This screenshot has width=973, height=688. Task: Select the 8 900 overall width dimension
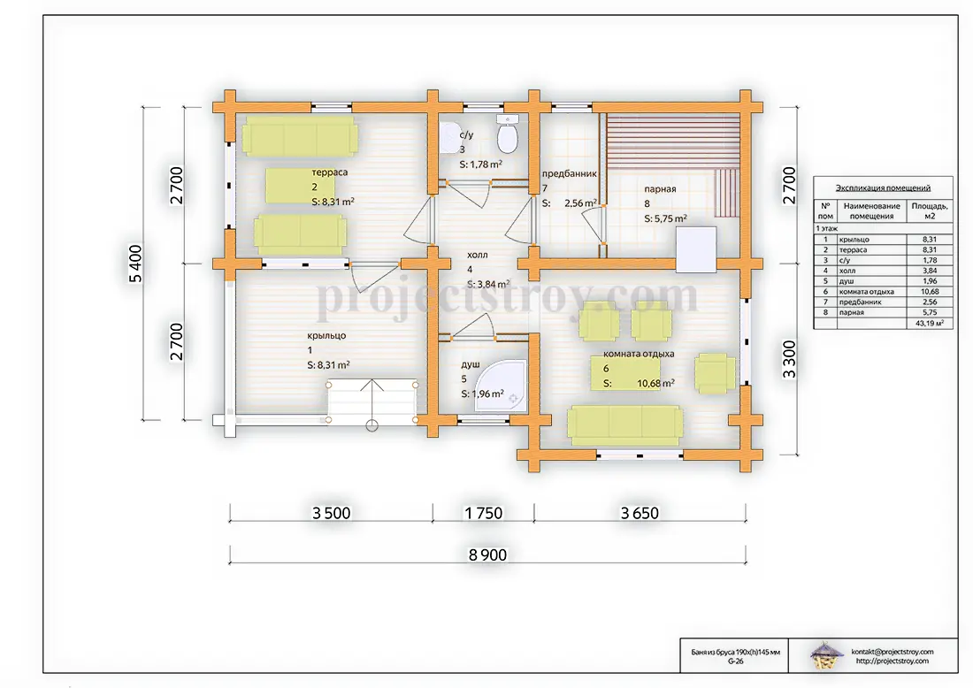click(487, 554)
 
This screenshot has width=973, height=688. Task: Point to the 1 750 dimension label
click(483, 513)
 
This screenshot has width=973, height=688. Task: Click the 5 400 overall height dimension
click(135, 264)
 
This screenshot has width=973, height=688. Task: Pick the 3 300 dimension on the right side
click(789, 359)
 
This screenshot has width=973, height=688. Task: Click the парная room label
click(660, 188)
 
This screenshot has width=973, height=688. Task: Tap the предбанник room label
click(569, 173)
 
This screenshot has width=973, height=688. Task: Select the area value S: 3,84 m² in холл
click(488, 284)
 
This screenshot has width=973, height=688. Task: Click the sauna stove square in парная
click(695, 249)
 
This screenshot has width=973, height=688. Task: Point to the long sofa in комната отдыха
click(625, 425)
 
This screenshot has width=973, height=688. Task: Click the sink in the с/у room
click(448, 137)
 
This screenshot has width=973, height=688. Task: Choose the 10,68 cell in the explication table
click(930, 292)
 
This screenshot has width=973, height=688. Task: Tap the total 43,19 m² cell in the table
click(930, 323)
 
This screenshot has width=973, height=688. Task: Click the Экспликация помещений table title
click(883, 187)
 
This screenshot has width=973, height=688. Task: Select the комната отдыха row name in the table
click(866, 292)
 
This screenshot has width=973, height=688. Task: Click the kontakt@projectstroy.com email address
click(893, 652)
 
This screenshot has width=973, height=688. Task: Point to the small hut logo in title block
click(826, 656)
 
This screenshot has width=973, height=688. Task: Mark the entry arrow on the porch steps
click(372, 403)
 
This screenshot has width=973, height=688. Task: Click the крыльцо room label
click(326, 336)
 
